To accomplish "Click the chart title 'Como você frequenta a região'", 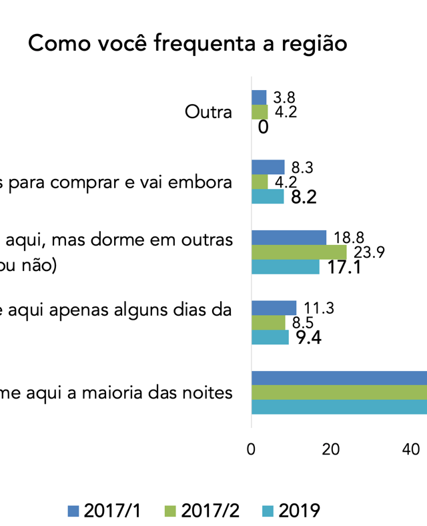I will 187,44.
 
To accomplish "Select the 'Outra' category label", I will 208,112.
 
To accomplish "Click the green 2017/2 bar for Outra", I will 260,112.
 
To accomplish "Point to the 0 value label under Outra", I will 263,127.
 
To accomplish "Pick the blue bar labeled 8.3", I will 268,167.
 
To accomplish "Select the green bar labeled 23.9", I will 299,252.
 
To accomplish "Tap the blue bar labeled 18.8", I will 289,237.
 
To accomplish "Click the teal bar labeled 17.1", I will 286,267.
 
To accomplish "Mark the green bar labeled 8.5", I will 268,322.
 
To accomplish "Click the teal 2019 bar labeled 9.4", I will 270,337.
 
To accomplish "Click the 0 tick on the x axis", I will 251,450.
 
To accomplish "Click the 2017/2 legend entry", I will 201,511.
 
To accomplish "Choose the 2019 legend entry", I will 290,511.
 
